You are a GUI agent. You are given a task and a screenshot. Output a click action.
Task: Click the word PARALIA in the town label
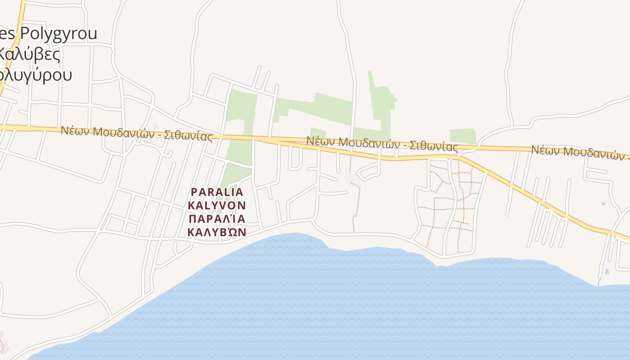click(x=217, y=192)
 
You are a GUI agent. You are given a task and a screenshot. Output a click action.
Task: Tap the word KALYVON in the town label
click(x=217, y=206)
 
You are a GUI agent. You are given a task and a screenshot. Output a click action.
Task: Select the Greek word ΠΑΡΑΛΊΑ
click(x=217, y=219)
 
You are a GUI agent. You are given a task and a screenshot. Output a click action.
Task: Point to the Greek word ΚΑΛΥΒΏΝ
click(x=217, y=232)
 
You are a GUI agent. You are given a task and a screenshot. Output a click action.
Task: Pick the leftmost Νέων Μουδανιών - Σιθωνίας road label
click(x=136, y=133)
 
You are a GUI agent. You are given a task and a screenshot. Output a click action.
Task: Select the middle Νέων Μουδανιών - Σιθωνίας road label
click(x=382, y=144)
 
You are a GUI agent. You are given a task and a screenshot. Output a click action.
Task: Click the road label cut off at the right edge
click(x=580, y=153)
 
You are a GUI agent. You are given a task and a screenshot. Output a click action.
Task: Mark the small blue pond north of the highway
click(x=603, y=204)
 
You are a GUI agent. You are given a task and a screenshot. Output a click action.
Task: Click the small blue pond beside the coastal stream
click(x=607, y=272)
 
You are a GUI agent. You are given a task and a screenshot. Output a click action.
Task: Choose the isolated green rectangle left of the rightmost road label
click(x=463, y=136)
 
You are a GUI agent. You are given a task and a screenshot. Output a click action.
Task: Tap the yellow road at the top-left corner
click(x=18, y=27)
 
